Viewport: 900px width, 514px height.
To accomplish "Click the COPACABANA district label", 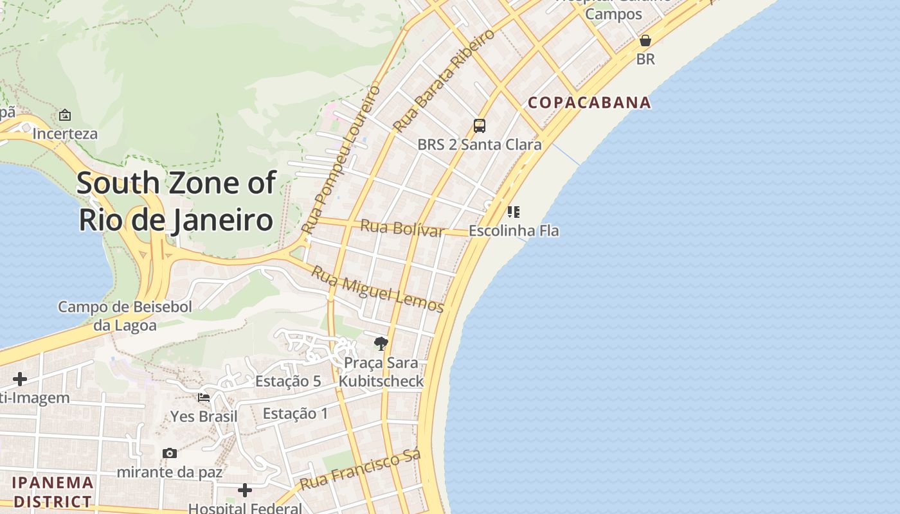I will click(589, 103).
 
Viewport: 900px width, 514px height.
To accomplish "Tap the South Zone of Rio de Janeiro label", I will click(176, 201).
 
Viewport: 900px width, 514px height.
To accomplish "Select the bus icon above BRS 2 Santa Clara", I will click(480, 126).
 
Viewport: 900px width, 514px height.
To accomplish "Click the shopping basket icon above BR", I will click(645, 41).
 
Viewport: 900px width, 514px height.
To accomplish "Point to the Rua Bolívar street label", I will click(402, 228).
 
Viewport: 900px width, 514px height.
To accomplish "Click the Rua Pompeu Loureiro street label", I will click(340, 159).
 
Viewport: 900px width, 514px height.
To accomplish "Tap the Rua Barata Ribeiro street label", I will click(444, 80).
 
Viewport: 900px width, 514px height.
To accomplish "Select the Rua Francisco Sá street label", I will click(360, 470).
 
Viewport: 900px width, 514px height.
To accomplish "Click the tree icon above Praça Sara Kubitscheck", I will click(381, 344).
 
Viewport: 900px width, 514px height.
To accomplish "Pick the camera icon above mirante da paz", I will click(170, 454).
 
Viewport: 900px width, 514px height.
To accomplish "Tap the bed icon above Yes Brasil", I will click(204, 398).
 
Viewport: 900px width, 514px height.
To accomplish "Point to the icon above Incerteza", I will click(65, 116).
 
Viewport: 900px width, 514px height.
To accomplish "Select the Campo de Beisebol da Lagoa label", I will click(125, 315).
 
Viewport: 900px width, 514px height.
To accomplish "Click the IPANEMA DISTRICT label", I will click(53, 492).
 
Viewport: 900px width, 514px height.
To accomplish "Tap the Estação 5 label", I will click(288, 381).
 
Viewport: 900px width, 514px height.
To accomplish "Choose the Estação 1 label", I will click(295, 413).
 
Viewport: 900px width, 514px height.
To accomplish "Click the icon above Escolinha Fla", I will click(513, 212).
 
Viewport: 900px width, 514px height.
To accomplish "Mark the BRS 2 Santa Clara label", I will click(480, 145).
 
